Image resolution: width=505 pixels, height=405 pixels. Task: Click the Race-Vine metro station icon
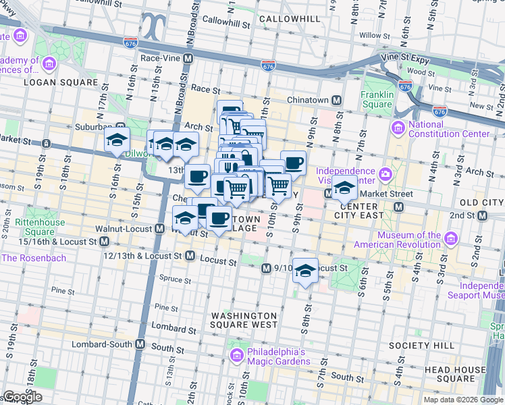tap(188, 59)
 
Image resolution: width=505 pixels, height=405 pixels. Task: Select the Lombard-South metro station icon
tap(140, 344)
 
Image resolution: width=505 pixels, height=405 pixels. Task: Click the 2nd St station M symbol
tap(483, 216)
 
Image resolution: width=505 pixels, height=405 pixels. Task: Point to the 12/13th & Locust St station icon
tap(190, 256)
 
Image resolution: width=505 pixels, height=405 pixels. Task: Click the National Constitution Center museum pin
tap(398, 127)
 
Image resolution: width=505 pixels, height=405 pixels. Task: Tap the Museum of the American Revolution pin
tap(450, 238)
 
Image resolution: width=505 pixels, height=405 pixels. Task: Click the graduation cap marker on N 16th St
tap(117, 140)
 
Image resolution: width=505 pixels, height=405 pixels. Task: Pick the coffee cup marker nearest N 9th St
tap(293, 163)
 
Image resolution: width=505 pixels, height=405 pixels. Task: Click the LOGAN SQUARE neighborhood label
tap(61, 82)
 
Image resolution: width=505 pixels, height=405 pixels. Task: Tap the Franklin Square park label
tap(377, 99)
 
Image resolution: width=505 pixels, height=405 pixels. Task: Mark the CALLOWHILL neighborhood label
tap(289, 19)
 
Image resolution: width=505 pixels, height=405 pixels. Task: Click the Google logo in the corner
tap(22, 397)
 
